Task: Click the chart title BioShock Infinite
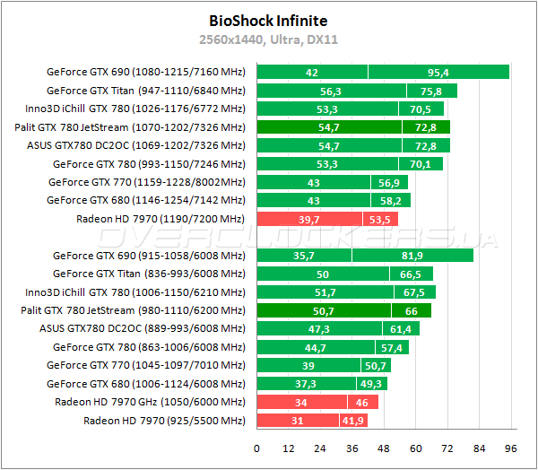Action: [x=268, y=20]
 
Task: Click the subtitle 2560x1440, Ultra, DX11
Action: [x=268, y=39]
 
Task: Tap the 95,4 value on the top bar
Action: [x=438, y=72]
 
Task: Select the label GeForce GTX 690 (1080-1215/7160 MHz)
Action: [x=145, y=72]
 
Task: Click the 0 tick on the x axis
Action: [x=257, y=448]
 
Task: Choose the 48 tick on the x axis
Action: [x=384, y=448]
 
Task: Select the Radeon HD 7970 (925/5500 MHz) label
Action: [x=164, y=420]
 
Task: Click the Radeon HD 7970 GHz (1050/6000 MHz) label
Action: [x=150, y=402]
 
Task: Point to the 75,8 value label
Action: [x=431, y=91]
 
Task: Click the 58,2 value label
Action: [x=390, y=200]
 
